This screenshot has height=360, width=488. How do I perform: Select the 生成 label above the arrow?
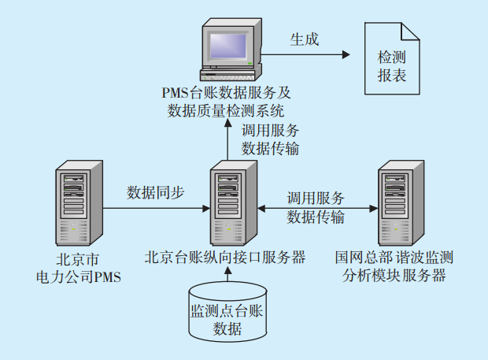tap(304, 39)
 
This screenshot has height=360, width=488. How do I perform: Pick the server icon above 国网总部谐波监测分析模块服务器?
tap(401, 203)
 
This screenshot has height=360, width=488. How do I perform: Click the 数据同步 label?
tap(155, 191)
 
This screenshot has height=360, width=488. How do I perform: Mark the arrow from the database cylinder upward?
tap(227, 274)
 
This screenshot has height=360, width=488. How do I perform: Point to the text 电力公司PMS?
tap(79, 276)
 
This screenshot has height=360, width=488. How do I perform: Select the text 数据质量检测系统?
tap(226, 109)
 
